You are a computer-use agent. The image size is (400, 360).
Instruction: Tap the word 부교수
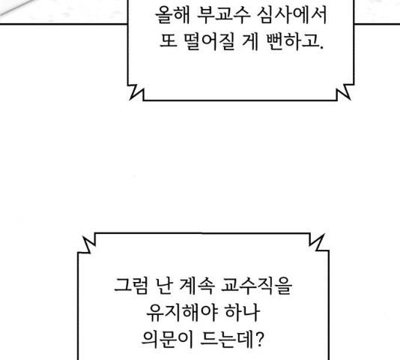click(224, 15)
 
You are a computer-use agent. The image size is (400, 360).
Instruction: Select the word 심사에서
click(292, 15)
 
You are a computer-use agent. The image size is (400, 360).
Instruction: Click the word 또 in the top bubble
click(169, 41)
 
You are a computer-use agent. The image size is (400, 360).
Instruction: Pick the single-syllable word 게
click(250, 41)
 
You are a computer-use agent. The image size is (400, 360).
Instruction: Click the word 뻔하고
click(294, 41)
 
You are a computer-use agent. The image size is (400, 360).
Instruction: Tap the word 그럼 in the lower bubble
click(131, 286)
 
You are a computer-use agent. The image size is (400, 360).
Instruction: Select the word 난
click(163, 286)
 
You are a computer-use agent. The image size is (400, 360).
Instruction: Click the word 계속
click(197, 286)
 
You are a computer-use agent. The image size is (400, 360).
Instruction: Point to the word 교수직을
click(256, 286)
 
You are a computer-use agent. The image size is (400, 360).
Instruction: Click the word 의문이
click(167, 339)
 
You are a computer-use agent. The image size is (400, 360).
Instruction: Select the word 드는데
click(227, 339)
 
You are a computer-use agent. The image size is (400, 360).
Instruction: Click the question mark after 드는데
click(258, 339)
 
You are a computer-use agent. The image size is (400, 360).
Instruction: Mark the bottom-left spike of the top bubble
click(130, 98)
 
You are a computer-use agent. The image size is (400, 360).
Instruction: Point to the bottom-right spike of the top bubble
click(350, 98)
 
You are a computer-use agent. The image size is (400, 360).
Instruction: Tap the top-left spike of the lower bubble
click(84, 237)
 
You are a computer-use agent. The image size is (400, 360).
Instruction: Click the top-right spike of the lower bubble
click(324, 234)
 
